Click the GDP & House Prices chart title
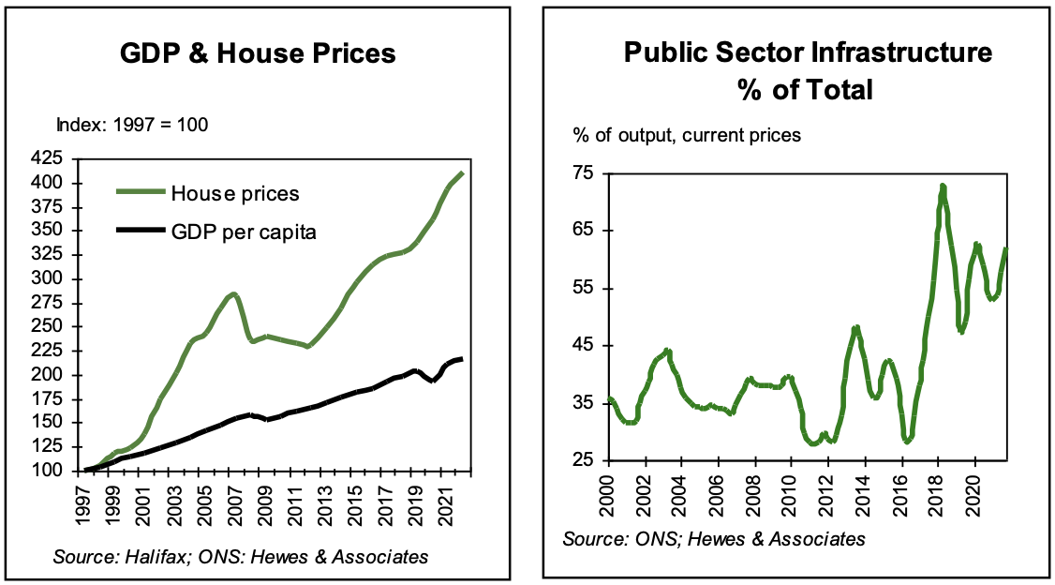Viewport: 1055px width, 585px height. (x=258, y=54)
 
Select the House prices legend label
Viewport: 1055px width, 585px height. (x=234, y=194)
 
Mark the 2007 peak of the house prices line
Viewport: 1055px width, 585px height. (x=233, y=294)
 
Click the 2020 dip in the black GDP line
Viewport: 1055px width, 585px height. (x=432, y=381)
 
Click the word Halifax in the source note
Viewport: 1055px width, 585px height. (x=169, y=557)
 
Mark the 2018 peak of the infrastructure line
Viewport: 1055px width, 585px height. (x=943, y=186)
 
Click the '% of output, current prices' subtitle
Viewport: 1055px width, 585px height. (x=688, y=135)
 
